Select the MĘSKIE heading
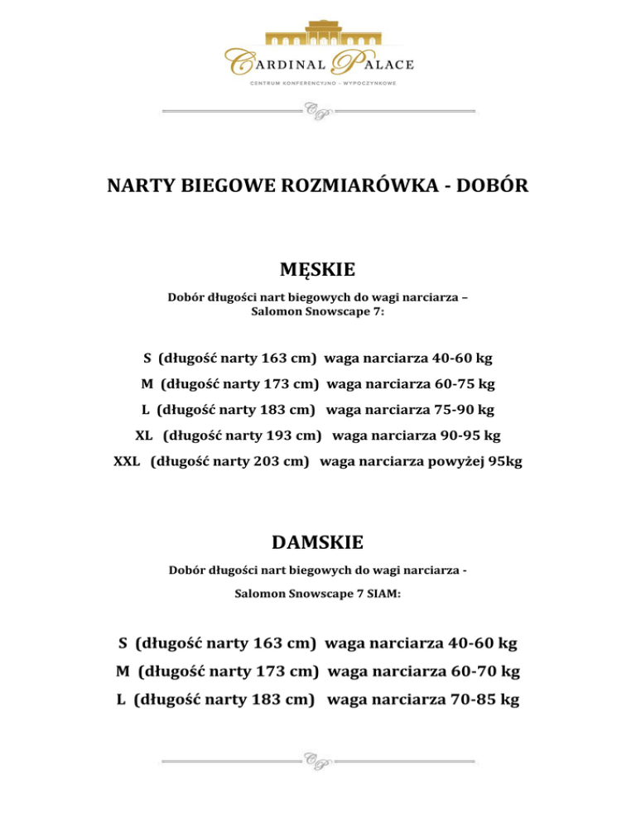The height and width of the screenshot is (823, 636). [318, 270]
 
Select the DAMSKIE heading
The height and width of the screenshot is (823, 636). [318, 542]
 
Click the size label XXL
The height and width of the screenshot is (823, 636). [127, 461]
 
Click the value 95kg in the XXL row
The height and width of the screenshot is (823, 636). [505, 461]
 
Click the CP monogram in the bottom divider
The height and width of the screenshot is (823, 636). [318, 760]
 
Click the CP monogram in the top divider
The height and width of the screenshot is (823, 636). [318, 110]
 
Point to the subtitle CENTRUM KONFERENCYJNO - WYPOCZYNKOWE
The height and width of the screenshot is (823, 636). [318, 84]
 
